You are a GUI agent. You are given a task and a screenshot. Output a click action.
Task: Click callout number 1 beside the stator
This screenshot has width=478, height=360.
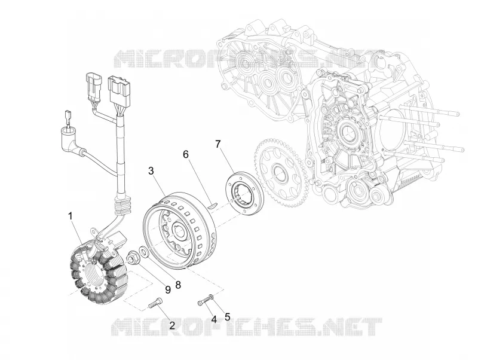click(x=71, y=216)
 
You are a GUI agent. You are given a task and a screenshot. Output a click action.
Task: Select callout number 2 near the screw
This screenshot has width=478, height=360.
click(x=172, y=325)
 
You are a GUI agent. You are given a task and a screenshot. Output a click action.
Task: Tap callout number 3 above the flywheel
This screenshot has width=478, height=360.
click(x=151, y=171)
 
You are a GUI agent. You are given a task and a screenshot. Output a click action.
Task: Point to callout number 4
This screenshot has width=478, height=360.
click(x=214, y=319)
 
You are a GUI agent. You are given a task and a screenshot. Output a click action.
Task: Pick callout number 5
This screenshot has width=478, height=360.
click(x=227, y=317)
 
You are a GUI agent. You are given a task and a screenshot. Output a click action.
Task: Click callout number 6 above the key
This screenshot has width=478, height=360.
click(x=186, y=154)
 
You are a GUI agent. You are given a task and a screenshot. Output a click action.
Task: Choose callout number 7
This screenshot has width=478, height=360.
click(x=217, y=144)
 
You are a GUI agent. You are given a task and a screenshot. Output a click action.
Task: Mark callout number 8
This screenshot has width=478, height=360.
click(x=178, y=285)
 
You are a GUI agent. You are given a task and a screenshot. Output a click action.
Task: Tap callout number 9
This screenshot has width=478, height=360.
click(x=168, y=289)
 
